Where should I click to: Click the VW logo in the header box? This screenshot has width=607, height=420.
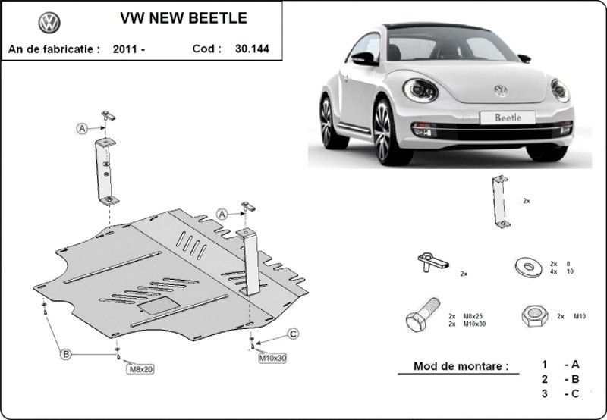(49, 23)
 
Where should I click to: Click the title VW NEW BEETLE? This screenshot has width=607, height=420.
(184, 17)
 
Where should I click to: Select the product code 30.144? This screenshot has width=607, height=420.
(252, 49)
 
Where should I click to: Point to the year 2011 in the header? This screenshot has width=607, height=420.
(124, 49)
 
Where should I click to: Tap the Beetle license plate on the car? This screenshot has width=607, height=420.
(508, 118)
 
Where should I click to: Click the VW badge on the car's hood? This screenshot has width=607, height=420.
(501, 90)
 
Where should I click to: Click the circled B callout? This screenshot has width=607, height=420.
(66, 354)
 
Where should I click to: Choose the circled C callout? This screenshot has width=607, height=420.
(293, 334)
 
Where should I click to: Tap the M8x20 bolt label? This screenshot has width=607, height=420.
(140, 369)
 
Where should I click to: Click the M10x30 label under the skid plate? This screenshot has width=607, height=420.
(272, 359)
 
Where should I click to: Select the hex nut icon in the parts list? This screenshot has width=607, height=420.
(535, 315)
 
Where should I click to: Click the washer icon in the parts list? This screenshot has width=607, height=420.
(529, 267)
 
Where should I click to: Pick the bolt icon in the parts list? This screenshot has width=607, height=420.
(423, 315)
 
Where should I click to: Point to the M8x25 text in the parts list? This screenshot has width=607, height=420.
(473, 316)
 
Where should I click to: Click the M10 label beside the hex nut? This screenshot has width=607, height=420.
(580, 316)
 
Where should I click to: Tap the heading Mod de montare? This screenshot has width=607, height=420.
(461, 366)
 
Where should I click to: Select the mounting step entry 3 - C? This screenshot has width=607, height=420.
(560, 393)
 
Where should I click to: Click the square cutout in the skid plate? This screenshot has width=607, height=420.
(159, 306)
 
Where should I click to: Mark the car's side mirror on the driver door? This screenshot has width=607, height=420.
(364, 59)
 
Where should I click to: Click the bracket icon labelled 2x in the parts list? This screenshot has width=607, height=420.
(501, 202)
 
